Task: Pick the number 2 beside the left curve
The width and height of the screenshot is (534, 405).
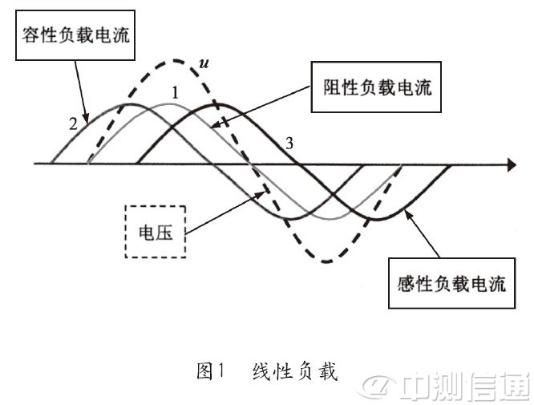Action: pos(74,124)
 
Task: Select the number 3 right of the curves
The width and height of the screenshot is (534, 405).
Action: pos(290,144)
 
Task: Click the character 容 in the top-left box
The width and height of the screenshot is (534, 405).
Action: pos(28,35)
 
